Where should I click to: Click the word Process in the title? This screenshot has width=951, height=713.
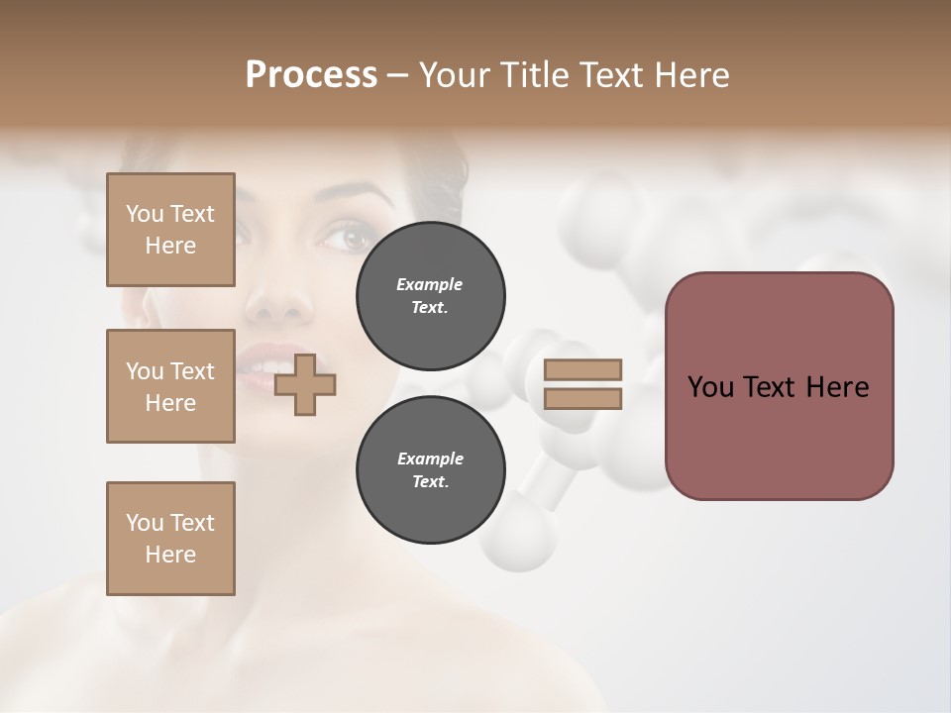pos(311,74)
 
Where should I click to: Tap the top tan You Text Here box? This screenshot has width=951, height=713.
pos(170,230)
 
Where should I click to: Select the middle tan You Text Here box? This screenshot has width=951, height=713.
pos(170,386)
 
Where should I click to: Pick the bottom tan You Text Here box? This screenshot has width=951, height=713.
pos(170,539)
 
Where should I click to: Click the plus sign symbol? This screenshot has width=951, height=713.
pos(305,384)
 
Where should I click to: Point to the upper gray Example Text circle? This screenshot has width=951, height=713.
pos(430,296)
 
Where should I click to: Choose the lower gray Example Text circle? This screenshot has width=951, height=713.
pos(430,470)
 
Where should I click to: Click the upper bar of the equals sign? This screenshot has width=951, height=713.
pos(582,369)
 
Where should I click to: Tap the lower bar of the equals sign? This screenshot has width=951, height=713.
pos(582,398)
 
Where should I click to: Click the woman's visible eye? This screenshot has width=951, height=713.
pos(349,237)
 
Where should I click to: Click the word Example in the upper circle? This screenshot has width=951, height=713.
pos(430,284)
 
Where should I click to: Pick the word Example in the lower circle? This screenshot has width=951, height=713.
pos(430,458)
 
